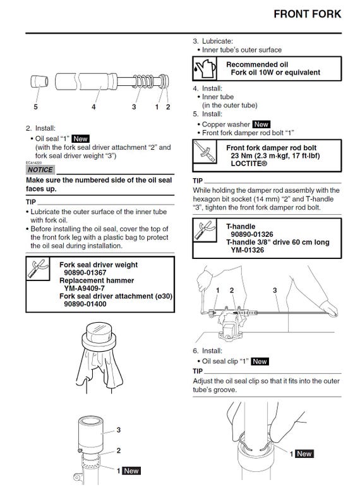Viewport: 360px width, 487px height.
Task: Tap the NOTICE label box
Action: pyautogui.click(x=40, y=170)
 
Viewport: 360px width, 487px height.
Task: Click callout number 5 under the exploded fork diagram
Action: pyautogui.click(x=36, y=107)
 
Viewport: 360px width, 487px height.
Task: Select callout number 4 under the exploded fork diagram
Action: pyautogui.click(x=93, y=107)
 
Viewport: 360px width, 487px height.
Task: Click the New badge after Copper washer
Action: pyautogui.click(x=261, y=124)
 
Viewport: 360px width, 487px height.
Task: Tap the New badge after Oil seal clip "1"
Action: pyautogui.click(x=259, y=361)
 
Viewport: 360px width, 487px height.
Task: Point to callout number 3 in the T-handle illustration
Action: pyautogui.click(x=275, y=290)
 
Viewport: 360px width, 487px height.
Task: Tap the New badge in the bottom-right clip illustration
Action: pyautogui.click(x=304, y=454)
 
